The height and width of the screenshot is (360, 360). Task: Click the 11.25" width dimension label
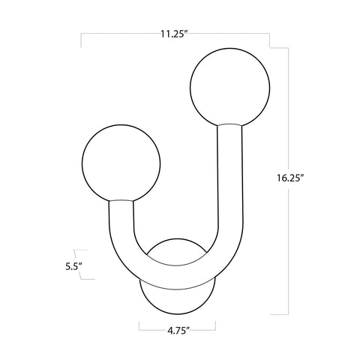click(x=174, y=34)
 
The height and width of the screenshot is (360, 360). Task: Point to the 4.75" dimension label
click(x=177, y=327)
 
